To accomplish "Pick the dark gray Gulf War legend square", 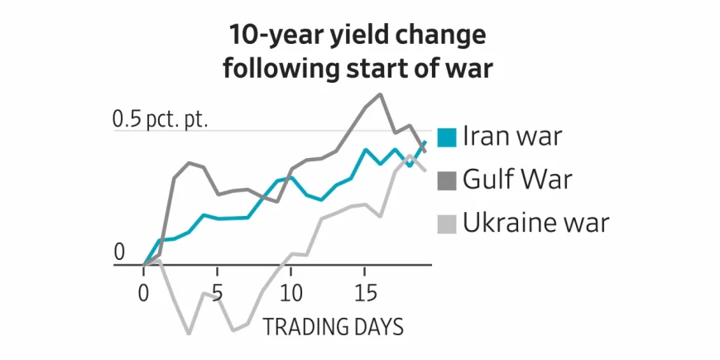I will tap(447, 180).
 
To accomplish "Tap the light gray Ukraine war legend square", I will tap(447, 223).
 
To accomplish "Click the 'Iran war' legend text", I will tap(512, 137).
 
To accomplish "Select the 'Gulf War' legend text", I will tap(518, 180).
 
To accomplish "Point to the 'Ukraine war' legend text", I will tap(536, 223).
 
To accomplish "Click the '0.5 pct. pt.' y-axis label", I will tap(160, 119).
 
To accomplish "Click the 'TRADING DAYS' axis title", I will tap(334, 326).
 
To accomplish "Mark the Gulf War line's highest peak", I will tap(381, 94).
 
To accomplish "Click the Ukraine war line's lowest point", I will tap(189, 334).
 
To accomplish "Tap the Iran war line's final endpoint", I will tap(425, 142).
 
